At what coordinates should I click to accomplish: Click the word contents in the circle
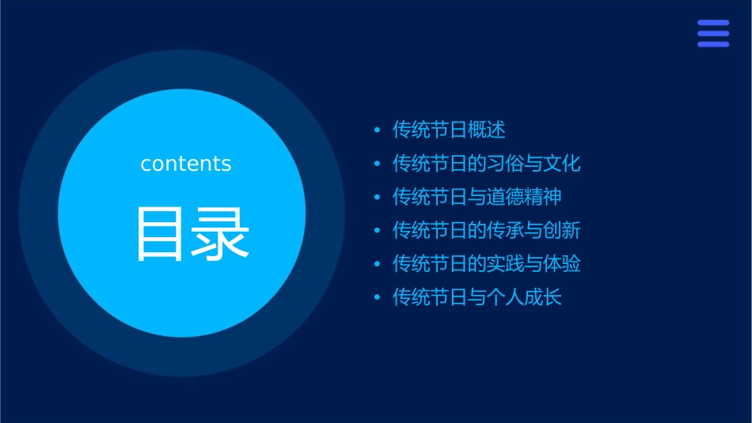tap(186, 164)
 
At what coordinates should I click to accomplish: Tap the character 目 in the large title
tap(158, 234)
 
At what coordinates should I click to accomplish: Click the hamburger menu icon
tap(713, 34)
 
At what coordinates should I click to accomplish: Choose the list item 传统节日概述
tap(449, 130)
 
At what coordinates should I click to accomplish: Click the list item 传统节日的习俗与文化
tap(487, 164)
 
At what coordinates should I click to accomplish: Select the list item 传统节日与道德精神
tap(477, 197)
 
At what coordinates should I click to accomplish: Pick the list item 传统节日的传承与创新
tap(487, 231)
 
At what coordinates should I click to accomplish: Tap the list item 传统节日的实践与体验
tap(487, 264)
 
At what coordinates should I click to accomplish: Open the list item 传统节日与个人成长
tap(477, 298)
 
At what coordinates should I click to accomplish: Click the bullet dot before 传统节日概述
tap(377, 130)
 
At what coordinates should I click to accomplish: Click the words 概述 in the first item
tap(487, 130)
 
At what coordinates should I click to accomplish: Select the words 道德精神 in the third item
tap(525, 197)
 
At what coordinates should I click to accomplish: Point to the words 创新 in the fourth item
tap(562, 231)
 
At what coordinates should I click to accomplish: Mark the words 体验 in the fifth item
tap(562, 264)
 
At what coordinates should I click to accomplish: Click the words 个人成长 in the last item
tap(525, 298)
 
